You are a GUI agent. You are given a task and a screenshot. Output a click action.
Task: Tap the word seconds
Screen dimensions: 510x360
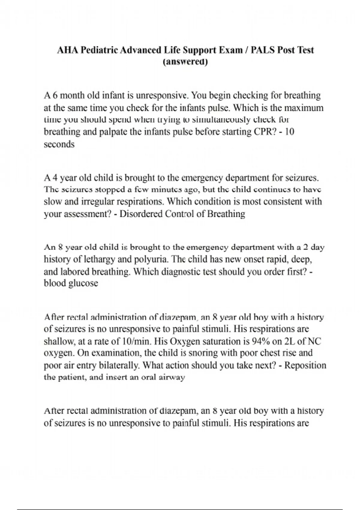59,144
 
